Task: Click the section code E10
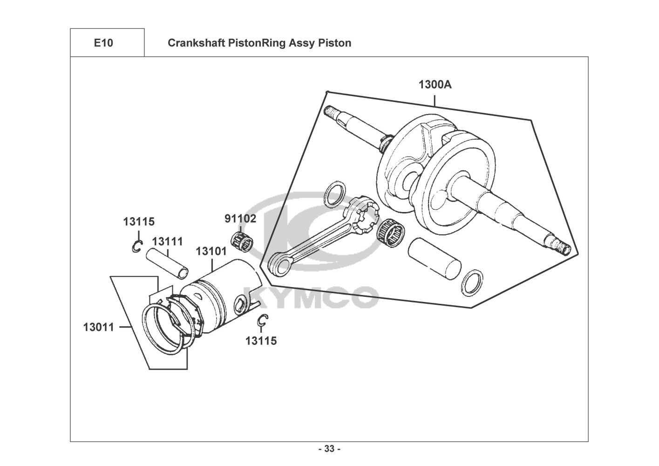103,43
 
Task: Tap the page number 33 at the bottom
330,449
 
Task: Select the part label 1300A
435,85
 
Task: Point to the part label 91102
240,219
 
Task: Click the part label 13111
167,242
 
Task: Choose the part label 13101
211,251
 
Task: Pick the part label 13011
99,327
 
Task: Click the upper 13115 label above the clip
139,222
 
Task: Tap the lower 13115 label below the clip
261,341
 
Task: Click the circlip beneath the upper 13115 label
137,247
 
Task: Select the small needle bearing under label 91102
241,242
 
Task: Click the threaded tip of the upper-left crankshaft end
330,112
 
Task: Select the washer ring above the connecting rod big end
335,194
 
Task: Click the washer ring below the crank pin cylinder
472,282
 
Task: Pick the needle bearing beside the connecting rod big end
391,233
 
